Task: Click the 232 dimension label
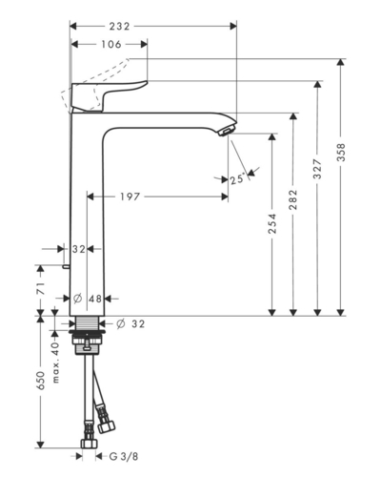pos(120,27)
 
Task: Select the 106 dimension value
pos(111,44)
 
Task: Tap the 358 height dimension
pos(341,152)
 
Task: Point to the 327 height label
pos(317,169)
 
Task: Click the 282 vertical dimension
pos(293,199)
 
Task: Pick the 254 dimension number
pos(272,224)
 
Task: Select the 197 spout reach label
pos(130,197)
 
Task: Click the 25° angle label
pos(238,179)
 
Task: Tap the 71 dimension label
pos(41,288)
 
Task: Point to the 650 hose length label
pos(41,381)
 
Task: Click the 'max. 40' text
pos(55,363)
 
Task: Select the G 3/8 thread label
pos(124,457)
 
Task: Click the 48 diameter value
pos(95,299)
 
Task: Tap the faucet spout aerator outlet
pos(227,131)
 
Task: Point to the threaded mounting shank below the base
pos(87,323)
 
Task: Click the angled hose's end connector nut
pos(106,425)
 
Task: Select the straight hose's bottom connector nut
pos(89,444)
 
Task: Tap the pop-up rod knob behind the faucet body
pos(66,266)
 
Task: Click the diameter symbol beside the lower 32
pos(120,323)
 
